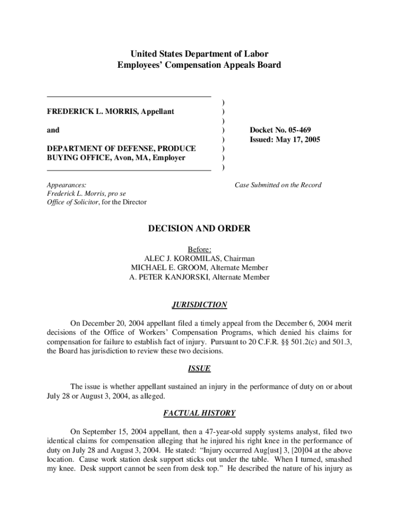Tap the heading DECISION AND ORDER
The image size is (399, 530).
(199, 228)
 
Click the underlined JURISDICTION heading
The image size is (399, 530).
(199, 305)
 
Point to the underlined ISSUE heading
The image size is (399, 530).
(199, 369)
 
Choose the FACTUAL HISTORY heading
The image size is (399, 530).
(199, 413)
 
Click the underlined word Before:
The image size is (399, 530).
(199, 249)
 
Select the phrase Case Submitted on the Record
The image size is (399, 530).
(278, 185)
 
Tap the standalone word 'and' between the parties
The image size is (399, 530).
(53, 130)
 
